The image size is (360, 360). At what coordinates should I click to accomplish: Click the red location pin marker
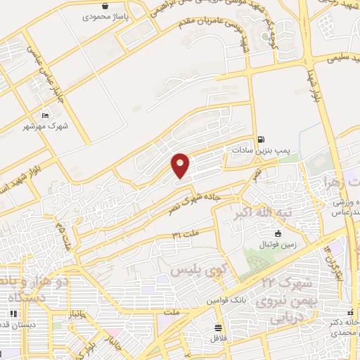[x=181, y=165]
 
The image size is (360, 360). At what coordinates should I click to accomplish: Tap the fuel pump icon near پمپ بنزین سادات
[x=262, y=139]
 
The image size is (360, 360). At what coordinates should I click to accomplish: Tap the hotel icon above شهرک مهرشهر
[x=46, y=115]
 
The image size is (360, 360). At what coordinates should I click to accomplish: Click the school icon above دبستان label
[x=13, y=314]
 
